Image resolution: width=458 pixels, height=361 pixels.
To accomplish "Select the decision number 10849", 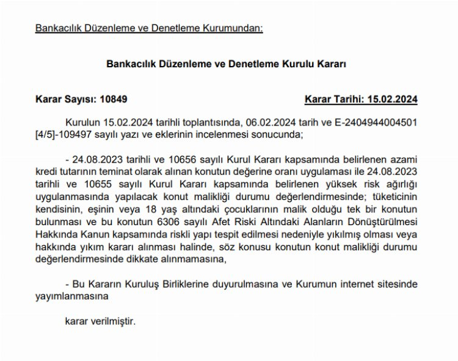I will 114,98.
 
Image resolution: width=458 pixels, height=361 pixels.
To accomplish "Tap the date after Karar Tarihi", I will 393,98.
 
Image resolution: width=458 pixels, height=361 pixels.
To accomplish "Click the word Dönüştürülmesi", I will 385,222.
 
